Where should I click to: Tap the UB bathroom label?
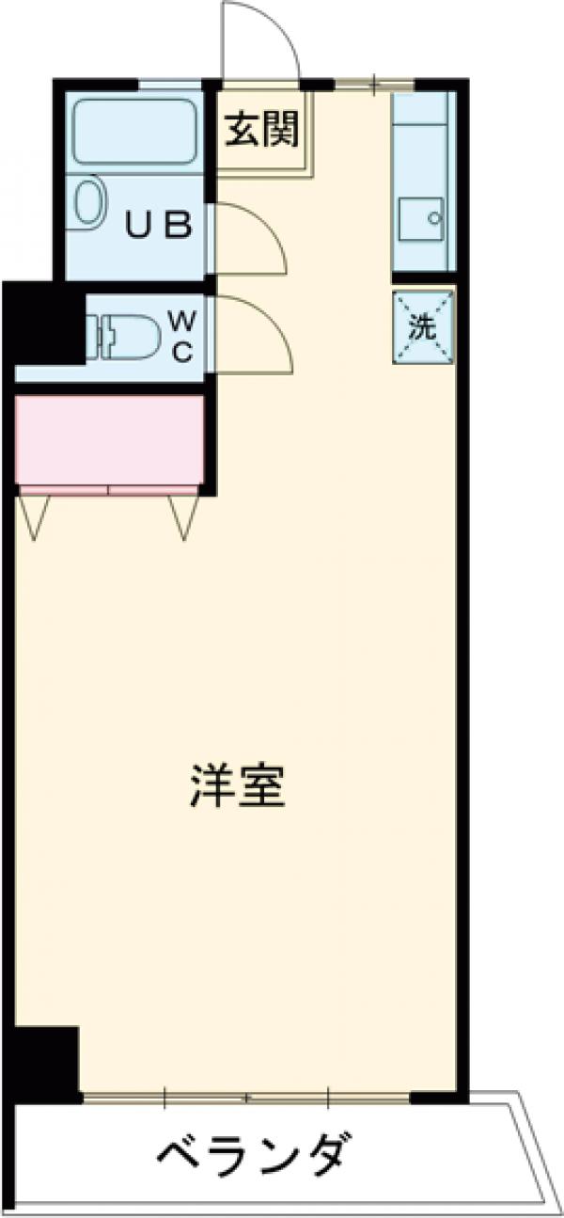point(160,225)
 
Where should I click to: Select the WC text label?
point(182,337)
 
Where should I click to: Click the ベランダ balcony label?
point(254,1153)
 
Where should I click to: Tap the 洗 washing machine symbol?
point(422,328)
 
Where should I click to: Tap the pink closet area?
point(110,440)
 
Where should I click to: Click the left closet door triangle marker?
point(37,515)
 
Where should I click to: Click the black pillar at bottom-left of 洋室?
point(45,1063)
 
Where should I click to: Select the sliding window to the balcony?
point(246,1097)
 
